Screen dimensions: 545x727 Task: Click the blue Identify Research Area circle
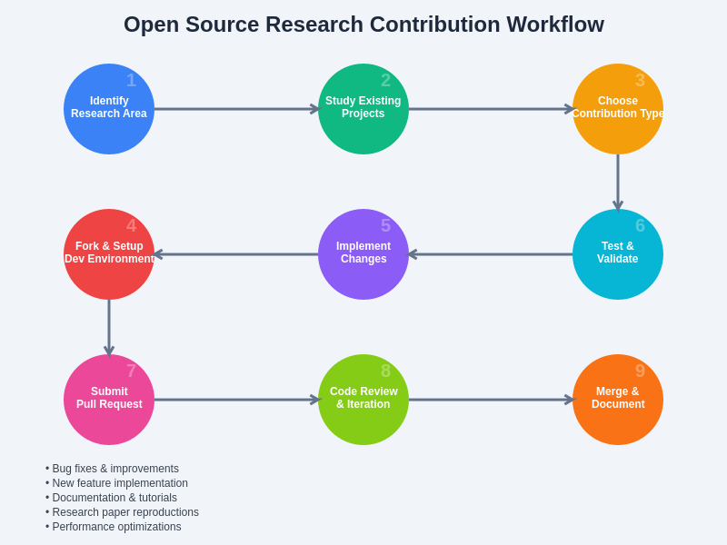point(109,109)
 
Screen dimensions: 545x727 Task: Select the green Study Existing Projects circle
point(363,109)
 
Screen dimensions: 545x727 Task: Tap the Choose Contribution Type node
point(618,109)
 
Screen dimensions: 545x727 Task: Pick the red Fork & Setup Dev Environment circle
point(109,254)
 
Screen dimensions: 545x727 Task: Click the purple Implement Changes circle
point(363,254)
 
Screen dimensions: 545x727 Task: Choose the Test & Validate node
point(618,254)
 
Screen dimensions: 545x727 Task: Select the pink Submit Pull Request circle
point(109,400)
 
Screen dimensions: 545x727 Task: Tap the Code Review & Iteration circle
point(363,400)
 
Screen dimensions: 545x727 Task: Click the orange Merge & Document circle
point(618,400)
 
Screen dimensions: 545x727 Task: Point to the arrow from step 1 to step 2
point(236,109)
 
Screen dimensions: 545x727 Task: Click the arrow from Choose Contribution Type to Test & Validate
point(618,182)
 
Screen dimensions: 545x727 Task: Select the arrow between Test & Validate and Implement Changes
point(491,254)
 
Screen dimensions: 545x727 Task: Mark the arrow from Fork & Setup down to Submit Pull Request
point(109,327)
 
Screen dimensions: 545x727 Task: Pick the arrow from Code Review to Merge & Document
point(491,400)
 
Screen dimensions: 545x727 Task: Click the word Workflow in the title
point(554,25)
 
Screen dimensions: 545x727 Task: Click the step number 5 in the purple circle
point(385,226)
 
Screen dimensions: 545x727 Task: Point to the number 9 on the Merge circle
point(640,372)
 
